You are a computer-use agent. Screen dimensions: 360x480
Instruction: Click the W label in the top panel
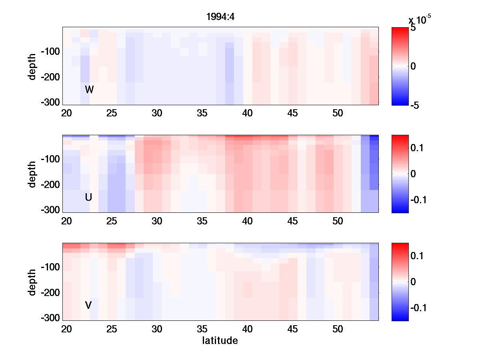pos(89,90)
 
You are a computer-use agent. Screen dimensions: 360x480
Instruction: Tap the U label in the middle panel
pos(89,197)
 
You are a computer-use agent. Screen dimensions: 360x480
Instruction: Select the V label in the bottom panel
pos(88,305)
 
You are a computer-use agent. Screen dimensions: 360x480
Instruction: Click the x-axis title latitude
pos(220,341)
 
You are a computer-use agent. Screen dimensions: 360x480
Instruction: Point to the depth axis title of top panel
pos(32,66)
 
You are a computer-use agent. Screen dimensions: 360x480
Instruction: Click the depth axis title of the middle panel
pos(32,174)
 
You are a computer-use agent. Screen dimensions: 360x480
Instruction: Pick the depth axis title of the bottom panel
pos(32,282)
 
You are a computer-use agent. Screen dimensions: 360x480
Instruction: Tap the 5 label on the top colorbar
pos(413,28)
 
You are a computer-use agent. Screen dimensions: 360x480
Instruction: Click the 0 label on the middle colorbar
pos(414,174)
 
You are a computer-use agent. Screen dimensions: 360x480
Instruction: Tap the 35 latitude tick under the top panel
pos(202,113)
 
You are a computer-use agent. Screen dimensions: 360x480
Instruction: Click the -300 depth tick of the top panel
pos(50,102)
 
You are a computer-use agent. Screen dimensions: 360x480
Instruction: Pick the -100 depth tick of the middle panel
pos(50,159)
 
